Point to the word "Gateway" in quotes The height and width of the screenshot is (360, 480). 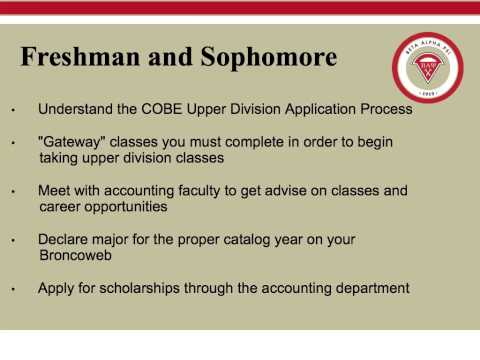point(70,143)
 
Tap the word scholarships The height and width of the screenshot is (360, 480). point(141,288)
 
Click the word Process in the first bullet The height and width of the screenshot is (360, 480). point(385,108)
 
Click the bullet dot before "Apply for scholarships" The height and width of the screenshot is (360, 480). point(14,290)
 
